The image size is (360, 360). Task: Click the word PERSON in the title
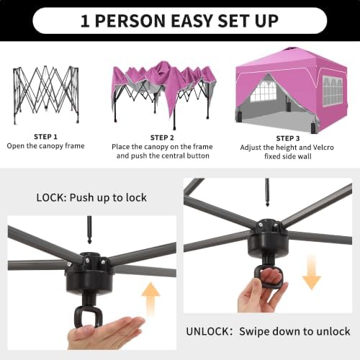[x=130, y=21]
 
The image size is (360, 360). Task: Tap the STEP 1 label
[x=45, y=137]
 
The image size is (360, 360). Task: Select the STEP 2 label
[x=162, y=138]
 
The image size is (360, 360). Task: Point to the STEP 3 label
[x=288, y=138]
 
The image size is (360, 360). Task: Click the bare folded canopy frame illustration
[x=46, y=94]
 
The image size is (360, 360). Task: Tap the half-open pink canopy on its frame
[x=164, y=94]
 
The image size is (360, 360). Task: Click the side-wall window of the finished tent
[x=333, y=91]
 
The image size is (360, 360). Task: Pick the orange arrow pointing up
[x=150, y=300]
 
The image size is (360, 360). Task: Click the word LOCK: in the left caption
[x=51, y=198]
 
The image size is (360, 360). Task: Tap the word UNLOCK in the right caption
[x=208, y=331]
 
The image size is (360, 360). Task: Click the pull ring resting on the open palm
[x=89, y=318]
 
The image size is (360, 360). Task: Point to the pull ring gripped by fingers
[x=268, y=276]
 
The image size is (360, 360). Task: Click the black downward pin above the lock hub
[x=89, y=230]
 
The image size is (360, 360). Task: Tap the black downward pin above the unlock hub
[x=267, y=192]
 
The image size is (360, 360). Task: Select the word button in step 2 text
[x=198, y=156]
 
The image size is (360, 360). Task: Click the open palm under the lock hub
[x=106, y=333]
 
